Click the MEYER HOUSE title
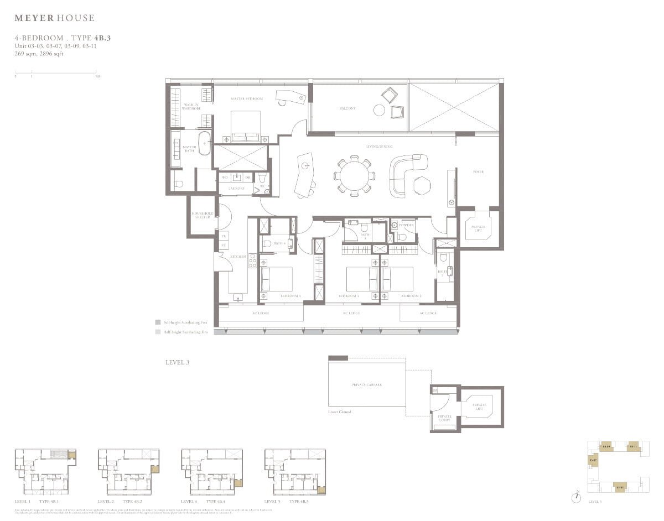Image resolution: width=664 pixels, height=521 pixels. tap(54, 18)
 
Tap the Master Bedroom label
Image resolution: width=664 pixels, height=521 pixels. tap(247, 99)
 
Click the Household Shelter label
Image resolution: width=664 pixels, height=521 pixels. tap(203, 215)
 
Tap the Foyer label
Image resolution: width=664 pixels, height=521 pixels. tap(478, 172)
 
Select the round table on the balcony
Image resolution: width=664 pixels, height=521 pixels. tap(379, 110)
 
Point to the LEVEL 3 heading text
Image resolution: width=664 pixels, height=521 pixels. tap(177, 362)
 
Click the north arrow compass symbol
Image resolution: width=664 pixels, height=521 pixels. tap(577, 497)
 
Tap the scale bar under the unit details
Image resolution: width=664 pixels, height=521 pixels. tap(55, 72)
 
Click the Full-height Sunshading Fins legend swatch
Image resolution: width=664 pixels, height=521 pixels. tap(158, 321)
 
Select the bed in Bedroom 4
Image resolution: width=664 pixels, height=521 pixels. tap(276, 279)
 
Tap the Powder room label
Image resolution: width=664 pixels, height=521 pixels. tap(407, 225)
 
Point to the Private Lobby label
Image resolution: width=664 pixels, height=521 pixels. tap(444, 418)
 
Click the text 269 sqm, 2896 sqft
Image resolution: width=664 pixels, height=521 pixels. tap(39, 54)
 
